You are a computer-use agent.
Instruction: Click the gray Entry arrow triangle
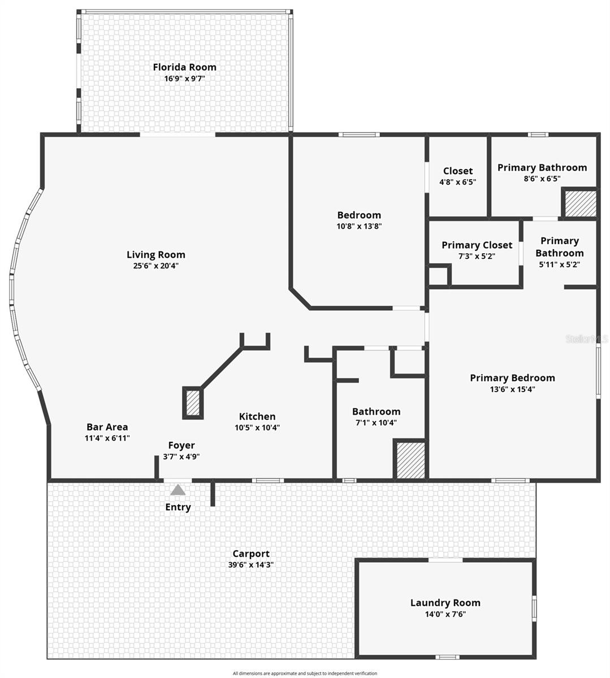tap(178, 490)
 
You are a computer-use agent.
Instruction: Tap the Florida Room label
tap(185, 67)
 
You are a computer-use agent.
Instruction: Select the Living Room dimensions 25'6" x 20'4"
tap(156, 266)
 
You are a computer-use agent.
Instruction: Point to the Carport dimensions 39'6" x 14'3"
tap(250, 564)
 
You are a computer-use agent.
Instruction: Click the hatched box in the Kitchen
tap(193, 403)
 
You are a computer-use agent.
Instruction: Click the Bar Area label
tap(107, 427)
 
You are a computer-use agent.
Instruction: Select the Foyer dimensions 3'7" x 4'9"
tap(181, 457)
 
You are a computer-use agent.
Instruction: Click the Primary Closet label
tap(477, 245)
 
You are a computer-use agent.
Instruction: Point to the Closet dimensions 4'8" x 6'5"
tap(458, 182)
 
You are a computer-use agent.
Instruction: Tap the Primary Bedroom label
tap(513, 378)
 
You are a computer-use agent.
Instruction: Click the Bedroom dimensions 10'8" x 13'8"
tap(360, 226)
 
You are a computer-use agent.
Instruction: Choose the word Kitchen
tap(257, 416)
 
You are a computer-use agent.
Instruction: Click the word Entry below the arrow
tap(178, 507)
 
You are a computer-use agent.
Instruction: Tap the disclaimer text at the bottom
tap(305, 673)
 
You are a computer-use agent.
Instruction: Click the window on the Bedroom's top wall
tap(359, 134)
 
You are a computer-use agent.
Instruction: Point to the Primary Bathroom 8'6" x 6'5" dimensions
tap(542, 179)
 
